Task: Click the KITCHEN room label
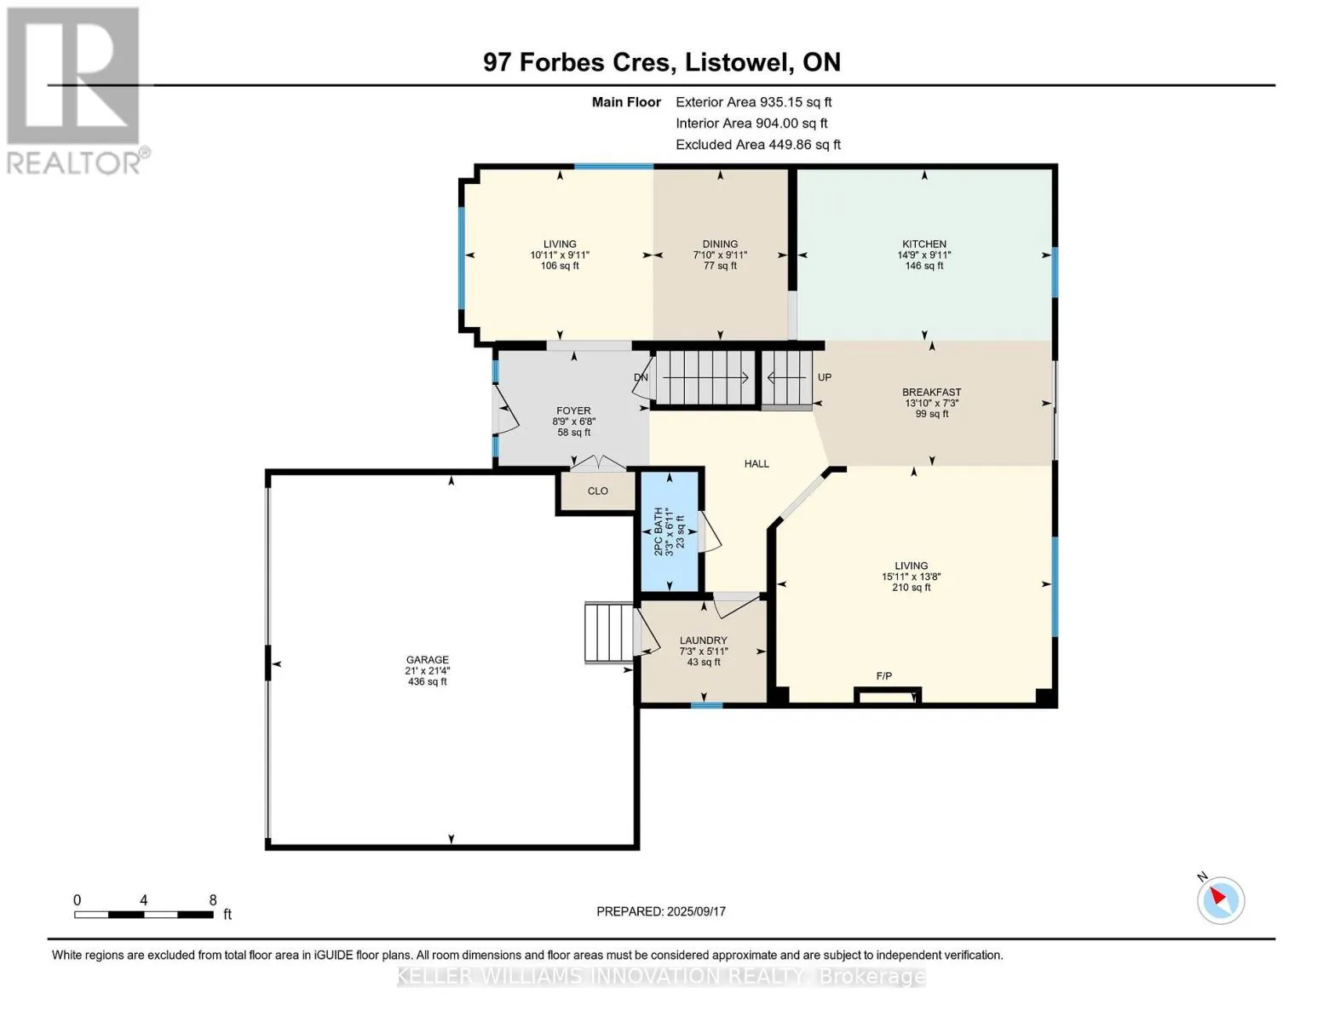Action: (x=923, y=244)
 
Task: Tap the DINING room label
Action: (x=720, y=244)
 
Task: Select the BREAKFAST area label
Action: (x=931, y=392)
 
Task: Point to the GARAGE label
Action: (x=428, y=659)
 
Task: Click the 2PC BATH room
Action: (x=670, y=531)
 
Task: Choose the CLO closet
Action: (x=597, y=491)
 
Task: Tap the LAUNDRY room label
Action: (x=703, y=640)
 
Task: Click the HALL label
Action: (x=756, y=464)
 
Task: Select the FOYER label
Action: (x=573, y=411)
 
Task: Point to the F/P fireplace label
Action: (x=884, y=675)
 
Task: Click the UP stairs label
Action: (x=825, y=377)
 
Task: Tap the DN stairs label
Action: (x=641, y=377)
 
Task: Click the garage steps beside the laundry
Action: (x=609, y=632)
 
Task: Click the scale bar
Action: (x=144, y=915)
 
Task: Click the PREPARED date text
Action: (x=660, y=911)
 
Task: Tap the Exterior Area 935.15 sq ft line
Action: (x=753, y=102)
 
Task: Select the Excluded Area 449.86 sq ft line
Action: (x=758, y=145)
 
